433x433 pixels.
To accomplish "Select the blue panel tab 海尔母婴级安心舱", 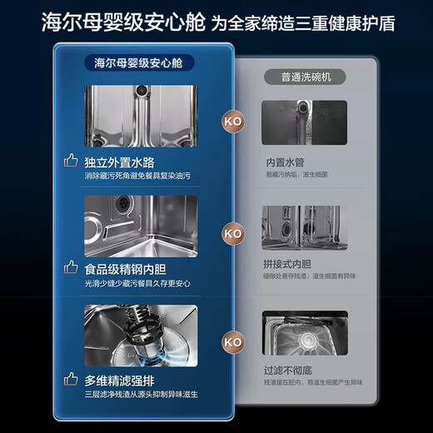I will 140,62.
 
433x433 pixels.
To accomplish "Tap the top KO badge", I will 233,119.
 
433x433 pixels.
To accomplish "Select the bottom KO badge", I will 233,341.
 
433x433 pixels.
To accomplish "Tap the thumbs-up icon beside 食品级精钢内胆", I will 70,269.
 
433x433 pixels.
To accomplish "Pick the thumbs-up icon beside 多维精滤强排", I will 70,380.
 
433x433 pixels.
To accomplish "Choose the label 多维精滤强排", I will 120,380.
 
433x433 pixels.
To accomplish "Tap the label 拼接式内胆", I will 288,264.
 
